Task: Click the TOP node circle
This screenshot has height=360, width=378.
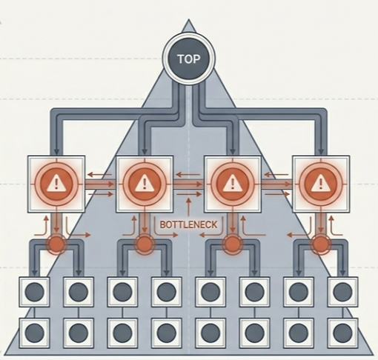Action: point(189,59)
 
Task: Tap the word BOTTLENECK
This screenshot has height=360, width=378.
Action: point(189,224)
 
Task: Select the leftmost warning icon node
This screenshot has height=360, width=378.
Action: point(56,184)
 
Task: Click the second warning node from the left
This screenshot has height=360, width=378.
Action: point(145,184)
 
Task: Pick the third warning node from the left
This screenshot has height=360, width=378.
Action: point(232,184)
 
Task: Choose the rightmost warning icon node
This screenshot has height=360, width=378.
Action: point(321,184)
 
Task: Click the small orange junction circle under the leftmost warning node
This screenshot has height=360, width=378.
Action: point(56,244)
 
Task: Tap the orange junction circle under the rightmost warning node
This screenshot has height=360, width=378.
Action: point(321,244)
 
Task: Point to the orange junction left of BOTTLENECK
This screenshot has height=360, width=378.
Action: point(145,244)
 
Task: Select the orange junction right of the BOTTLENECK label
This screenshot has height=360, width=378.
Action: point(232,244)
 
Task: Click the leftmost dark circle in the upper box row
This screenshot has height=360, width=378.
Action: point(35,292)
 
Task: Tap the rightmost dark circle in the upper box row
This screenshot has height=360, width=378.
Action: point(342,292)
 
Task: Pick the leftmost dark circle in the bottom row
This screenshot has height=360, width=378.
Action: point(35,333)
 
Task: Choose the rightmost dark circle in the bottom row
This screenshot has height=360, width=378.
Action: point(342,333)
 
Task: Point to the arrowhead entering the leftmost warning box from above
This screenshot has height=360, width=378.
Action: point(56,151)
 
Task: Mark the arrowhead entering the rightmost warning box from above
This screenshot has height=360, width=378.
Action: point(321,151)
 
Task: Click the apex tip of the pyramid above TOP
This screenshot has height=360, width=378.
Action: point(189,19)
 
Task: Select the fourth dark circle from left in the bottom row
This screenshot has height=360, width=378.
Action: point(167,333)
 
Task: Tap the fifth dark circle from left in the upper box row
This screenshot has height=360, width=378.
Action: point(210,292)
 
